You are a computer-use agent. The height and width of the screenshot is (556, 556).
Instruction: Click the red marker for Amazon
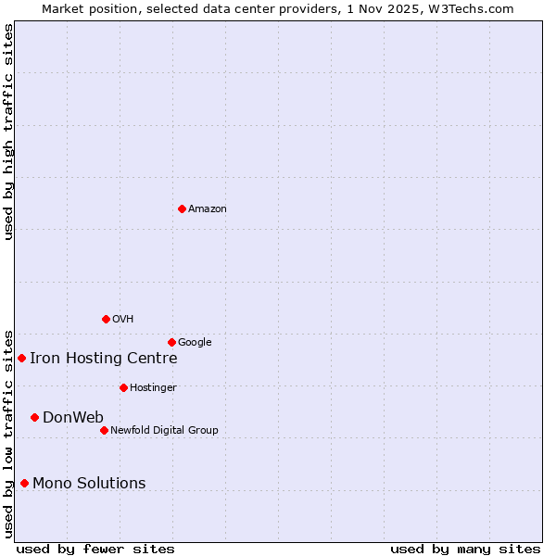pos(182,208)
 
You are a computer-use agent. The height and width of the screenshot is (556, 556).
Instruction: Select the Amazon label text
pos(208,209)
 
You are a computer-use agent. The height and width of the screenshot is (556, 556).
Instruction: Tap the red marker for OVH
pos(106,319)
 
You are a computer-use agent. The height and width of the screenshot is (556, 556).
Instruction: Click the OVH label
pos(123,320)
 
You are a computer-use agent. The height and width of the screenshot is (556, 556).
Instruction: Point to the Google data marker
pos(171,342)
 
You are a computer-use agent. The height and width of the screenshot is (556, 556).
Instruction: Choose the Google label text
pos(195,343)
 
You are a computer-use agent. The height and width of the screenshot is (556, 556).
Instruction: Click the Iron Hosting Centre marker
pos(21,358)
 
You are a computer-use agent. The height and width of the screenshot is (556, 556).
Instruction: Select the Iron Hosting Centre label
pos(103,359)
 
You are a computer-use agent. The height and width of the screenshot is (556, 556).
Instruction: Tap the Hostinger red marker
pos(123,387)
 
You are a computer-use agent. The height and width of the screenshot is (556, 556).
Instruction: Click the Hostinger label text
pos(153,388)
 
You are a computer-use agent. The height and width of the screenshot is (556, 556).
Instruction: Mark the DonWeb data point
pos(34,417)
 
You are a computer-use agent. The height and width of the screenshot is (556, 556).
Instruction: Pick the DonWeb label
pos(73,418)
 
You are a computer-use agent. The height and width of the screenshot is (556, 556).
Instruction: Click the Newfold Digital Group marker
pos(104,430)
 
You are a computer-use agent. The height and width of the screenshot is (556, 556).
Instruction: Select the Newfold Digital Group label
pos(164,431)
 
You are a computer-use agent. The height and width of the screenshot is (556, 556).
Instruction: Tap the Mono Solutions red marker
pos(24,483)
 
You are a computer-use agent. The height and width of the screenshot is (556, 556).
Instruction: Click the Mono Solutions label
pos(89,484)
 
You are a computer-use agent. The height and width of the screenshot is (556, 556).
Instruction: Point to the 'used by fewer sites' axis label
pos(95,550)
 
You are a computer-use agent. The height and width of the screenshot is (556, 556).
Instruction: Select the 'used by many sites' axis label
pos(465,550)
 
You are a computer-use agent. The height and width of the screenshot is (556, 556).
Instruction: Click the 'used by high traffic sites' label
pos(8,133)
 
